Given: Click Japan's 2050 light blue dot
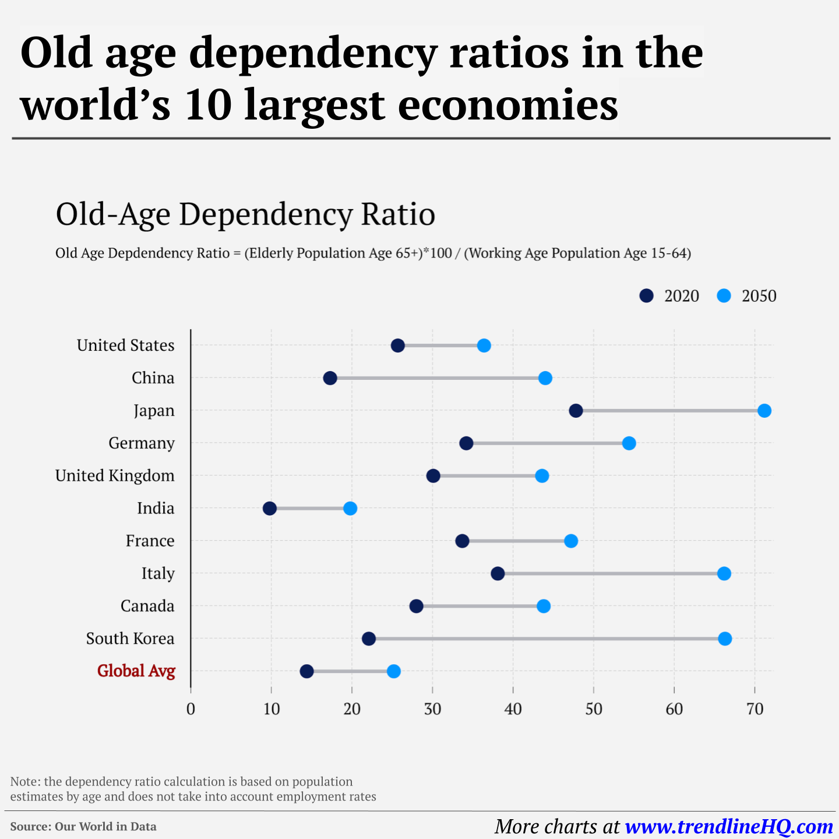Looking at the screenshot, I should click(764, 411).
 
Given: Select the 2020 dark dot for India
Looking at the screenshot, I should click(270, 509).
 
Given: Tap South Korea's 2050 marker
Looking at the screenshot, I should click(725, 639).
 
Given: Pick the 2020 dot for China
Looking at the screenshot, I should click(330, 378).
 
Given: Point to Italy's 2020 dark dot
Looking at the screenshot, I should click(498, 574).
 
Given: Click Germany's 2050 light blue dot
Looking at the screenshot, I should click(629, 443).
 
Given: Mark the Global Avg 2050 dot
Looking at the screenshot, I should click(394, 672).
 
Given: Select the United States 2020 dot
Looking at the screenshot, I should click(398, 346).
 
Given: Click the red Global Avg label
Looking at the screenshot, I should click(136, 671).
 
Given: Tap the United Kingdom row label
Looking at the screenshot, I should click(115, 476).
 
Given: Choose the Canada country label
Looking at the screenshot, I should click(147, 607).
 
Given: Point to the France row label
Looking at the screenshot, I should click(150, 541).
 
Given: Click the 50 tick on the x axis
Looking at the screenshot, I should click(594, 709).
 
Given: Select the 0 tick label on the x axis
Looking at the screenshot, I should click(191, 709).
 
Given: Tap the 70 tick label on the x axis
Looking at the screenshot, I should click(755, 709).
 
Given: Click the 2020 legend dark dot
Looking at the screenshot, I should click(646, 296).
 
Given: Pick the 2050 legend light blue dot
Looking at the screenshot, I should click(724, 296).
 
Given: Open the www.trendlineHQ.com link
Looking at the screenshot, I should click(729, 827).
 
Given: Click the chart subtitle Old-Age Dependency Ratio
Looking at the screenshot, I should click(245, 214).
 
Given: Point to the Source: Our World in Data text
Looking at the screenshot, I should click(83, 827).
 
